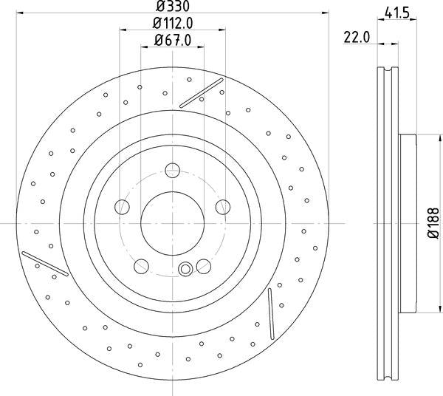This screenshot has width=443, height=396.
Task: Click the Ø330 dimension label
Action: tap(173, 6)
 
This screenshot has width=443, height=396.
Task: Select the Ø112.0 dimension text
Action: tap(173, 23)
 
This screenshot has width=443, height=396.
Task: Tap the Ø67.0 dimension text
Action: tap(173, 40)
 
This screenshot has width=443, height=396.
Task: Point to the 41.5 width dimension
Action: tap(397, 13)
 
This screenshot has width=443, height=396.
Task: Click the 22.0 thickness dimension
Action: tap(357, 38)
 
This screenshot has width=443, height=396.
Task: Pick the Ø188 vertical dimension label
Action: tap(433, 223)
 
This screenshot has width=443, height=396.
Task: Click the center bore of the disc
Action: tap(172, 223)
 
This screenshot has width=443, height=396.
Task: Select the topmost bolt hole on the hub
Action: tap(172, 170)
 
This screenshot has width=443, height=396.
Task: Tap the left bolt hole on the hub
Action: tap(122, 207)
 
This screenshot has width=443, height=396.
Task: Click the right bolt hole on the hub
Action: tap(223, 207)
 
